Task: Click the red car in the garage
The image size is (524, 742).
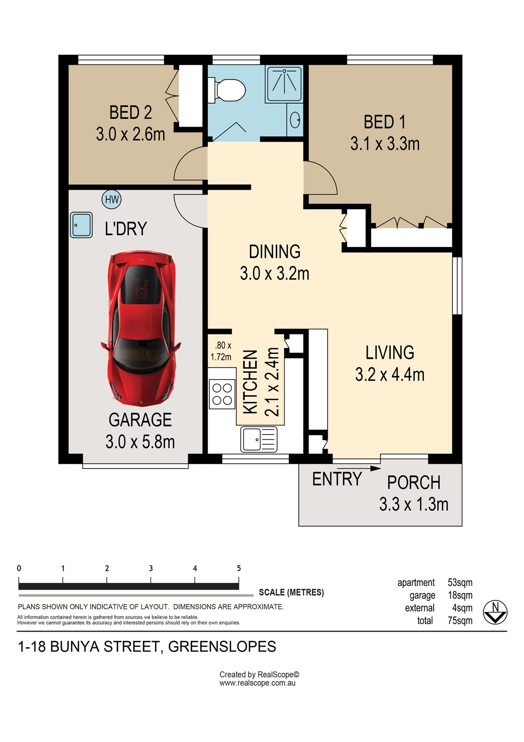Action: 141,329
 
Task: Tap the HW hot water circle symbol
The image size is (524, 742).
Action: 112,199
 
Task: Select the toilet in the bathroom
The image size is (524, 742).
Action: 226,90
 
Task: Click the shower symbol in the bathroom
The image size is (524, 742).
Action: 284,84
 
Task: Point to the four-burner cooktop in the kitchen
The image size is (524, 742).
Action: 222,394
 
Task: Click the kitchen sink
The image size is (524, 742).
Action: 259,439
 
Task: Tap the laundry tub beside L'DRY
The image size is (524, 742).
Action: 81,225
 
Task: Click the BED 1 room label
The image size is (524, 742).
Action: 385,122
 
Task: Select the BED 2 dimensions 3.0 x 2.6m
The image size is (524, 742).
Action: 130,134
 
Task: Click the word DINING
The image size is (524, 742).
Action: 275,252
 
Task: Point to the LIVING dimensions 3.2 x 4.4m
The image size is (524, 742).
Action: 390,374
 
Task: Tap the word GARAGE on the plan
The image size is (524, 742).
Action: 140,420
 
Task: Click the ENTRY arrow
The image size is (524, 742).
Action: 359,469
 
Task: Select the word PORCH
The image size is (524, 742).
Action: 414,483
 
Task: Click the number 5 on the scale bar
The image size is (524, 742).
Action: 239,568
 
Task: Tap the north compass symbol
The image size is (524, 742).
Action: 495,612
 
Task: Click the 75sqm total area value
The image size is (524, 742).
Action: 460,621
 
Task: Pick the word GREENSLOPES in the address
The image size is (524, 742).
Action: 222,647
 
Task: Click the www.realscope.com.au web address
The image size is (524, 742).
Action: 257,683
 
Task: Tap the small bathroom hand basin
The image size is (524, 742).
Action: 295,120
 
